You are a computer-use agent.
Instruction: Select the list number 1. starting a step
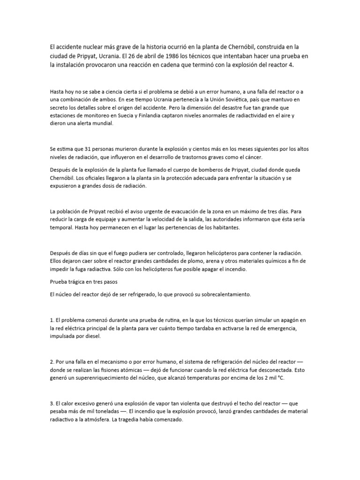tap(52, 320)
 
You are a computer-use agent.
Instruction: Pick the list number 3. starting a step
tap(52, 404)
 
